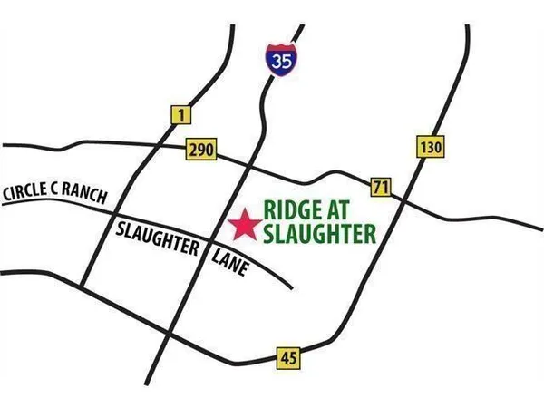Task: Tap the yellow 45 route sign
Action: tap(288, 357)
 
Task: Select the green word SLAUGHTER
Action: tap(318, 235)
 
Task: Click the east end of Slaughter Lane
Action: tap(291, 287)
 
